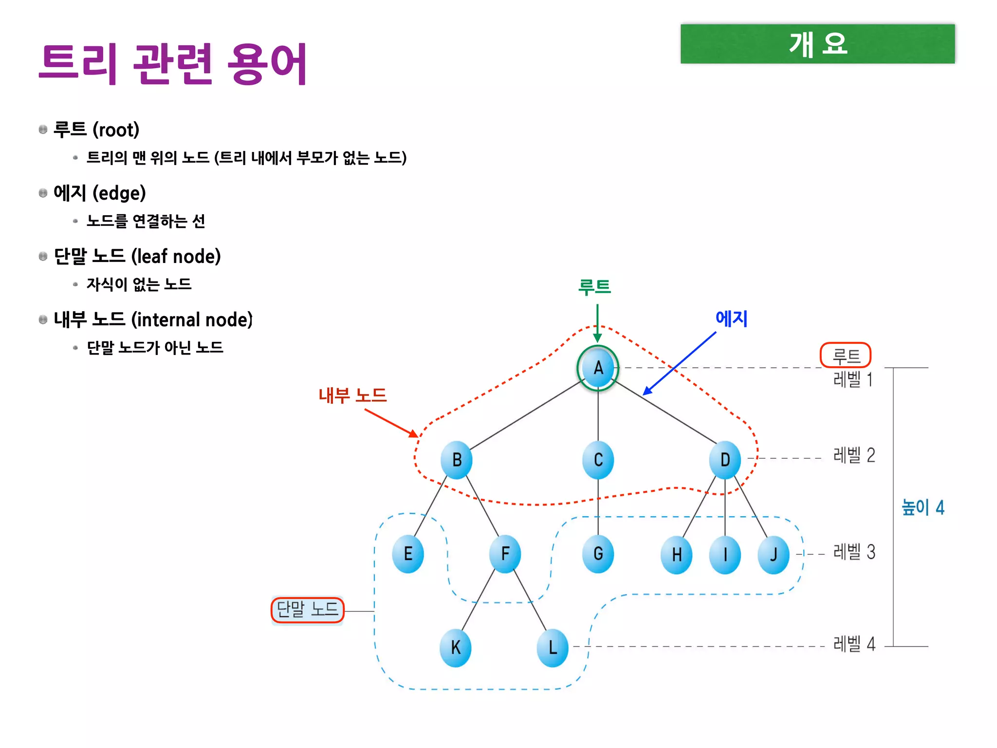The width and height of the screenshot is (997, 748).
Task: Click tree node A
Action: pyautogui.click(x=598, y=368)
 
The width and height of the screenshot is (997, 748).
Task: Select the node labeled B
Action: pyautogui.click(x=456, y=460)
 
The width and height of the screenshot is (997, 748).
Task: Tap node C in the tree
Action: pyautogui.click(x=598, y=460)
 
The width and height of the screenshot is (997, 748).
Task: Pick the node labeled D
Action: pyautogui.click(x=725, y=460)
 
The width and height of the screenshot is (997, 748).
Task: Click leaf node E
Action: pyautogui.click(x=408, y=554)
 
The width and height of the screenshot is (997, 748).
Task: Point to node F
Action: pyautogui.click(x=505, y=554)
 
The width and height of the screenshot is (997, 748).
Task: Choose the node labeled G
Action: pyautogui.click(x=598, y=554)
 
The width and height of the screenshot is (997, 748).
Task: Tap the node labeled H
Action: pyautogui.click(x=676, y=555)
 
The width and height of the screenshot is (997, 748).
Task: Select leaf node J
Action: pyautogui.click(x=774, y=555)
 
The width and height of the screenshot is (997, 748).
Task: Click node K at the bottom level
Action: pyautogui.click(x=455, y=648)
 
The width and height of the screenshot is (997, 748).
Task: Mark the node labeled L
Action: pyautogui.click(x=553, y=648)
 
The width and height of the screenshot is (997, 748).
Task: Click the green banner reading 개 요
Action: pyautogui.click(x=817, y=44)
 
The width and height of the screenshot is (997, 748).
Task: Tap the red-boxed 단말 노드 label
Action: pyautogui.click(x=307, y=610)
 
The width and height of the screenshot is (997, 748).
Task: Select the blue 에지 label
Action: pyautogui.click(x=731, y=319)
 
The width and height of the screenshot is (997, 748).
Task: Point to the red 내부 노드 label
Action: pyautogui.click(x=352, y=395)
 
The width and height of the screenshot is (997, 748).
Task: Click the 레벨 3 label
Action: pyautogui.click(x=854, y=552)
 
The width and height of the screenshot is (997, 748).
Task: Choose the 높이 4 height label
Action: pyautogui.click(x=923, y=507)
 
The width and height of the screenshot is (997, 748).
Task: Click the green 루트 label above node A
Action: pyautogui.click(x=594, y=287)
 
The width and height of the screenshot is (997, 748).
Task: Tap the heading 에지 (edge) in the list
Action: pyautogui.click(x=100, y=193)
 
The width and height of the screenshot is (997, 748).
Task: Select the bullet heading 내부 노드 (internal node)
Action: pyautogui.click(x=153, y=320)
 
